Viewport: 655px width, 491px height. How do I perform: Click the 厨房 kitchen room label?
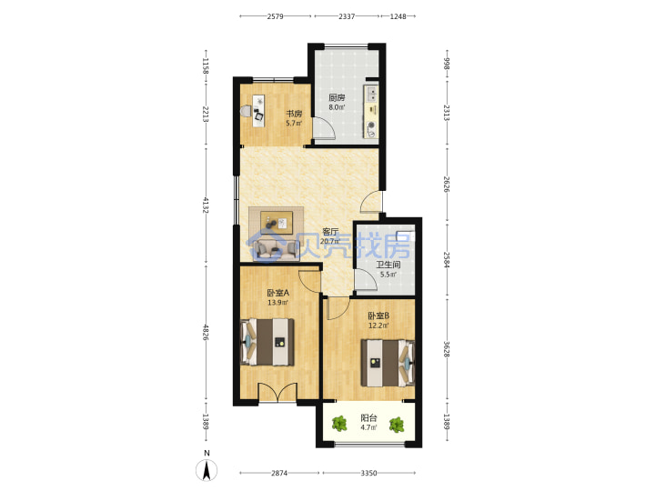point(337,97)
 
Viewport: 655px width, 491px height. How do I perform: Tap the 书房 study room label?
point(294,114)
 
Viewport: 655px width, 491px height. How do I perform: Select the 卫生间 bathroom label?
point(388,265)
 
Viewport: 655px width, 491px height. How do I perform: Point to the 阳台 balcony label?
point(368,417)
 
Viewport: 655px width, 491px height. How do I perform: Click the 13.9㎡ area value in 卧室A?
point(277,302)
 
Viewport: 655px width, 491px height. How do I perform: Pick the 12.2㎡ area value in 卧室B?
point(378,326)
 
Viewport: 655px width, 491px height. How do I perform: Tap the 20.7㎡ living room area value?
point(330,241)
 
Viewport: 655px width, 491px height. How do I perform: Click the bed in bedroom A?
point(267,342)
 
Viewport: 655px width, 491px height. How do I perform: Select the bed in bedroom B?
point(388,363)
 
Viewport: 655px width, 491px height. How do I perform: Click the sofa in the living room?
point(277,249)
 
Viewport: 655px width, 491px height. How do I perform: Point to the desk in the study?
point(258,110)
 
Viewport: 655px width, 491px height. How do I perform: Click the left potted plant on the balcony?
point(339,425)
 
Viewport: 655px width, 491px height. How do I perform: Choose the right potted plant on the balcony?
point(397,425)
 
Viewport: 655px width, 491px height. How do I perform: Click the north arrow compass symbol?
point(207,470)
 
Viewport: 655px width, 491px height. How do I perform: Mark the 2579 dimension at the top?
point(276,16)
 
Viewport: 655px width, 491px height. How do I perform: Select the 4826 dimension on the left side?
point(205,332)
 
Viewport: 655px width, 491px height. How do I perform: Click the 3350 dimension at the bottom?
point(368,473)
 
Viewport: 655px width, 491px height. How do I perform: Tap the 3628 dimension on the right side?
point(447,349)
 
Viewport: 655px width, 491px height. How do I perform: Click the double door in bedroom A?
point(277,392)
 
